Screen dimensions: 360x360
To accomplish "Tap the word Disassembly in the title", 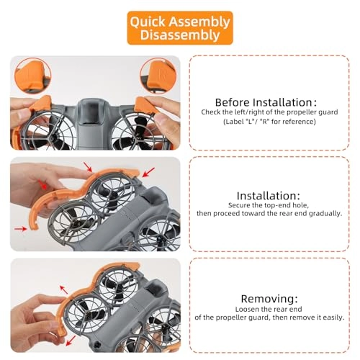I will [x=179, y=35].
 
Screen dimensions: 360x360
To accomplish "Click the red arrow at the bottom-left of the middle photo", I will [x=22, y=230].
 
